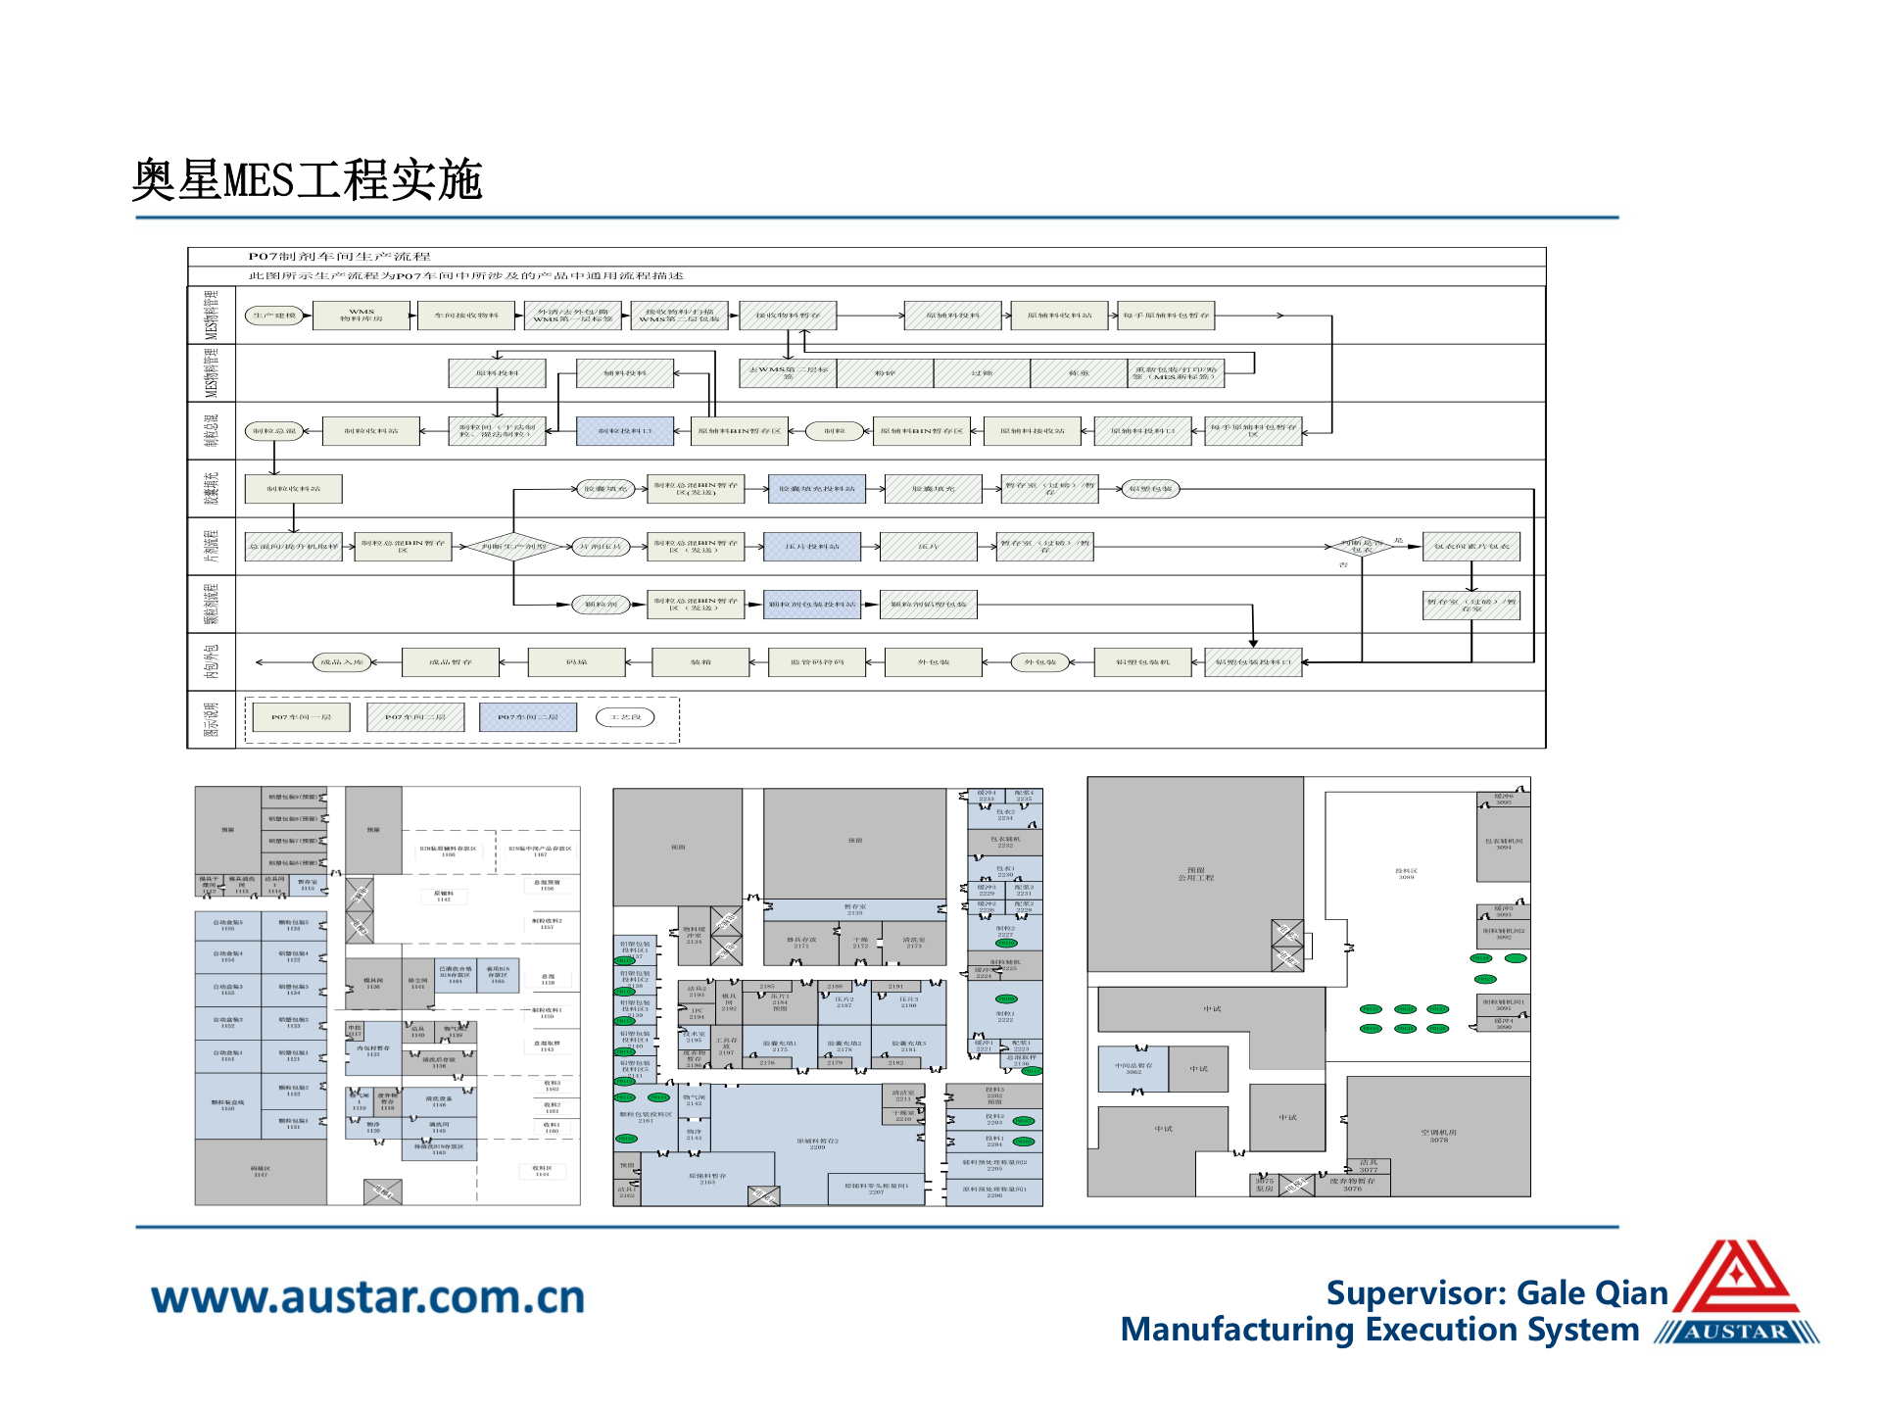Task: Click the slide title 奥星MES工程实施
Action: pos(307,180)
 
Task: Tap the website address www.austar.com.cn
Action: pos(368,1297)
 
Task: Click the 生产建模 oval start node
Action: pos(274,316)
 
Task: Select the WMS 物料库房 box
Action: pos(362,316)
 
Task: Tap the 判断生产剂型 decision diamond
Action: pos(513,547)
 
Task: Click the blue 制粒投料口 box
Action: pos(625,431)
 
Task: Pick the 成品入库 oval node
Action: pos(342,662)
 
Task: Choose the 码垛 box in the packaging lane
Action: pos(576,662)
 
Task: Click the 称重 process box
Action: pos(1079,373)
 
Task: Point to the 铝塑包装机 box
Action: pos(1142,662)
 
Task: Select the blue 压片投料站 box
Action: pos(812,547)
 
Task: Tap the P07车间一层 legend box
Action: pos(301,717)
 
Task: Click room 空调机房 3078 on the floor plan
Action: pos(1438,1136)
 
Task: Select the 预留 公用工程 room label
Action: pos(1195,873)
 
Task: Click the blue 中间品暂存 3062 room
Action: pos(1133,1068)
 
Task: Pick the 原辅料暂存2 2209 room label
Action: pos(817,1143)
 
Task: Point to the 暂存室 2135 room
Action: pos(854,909)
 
